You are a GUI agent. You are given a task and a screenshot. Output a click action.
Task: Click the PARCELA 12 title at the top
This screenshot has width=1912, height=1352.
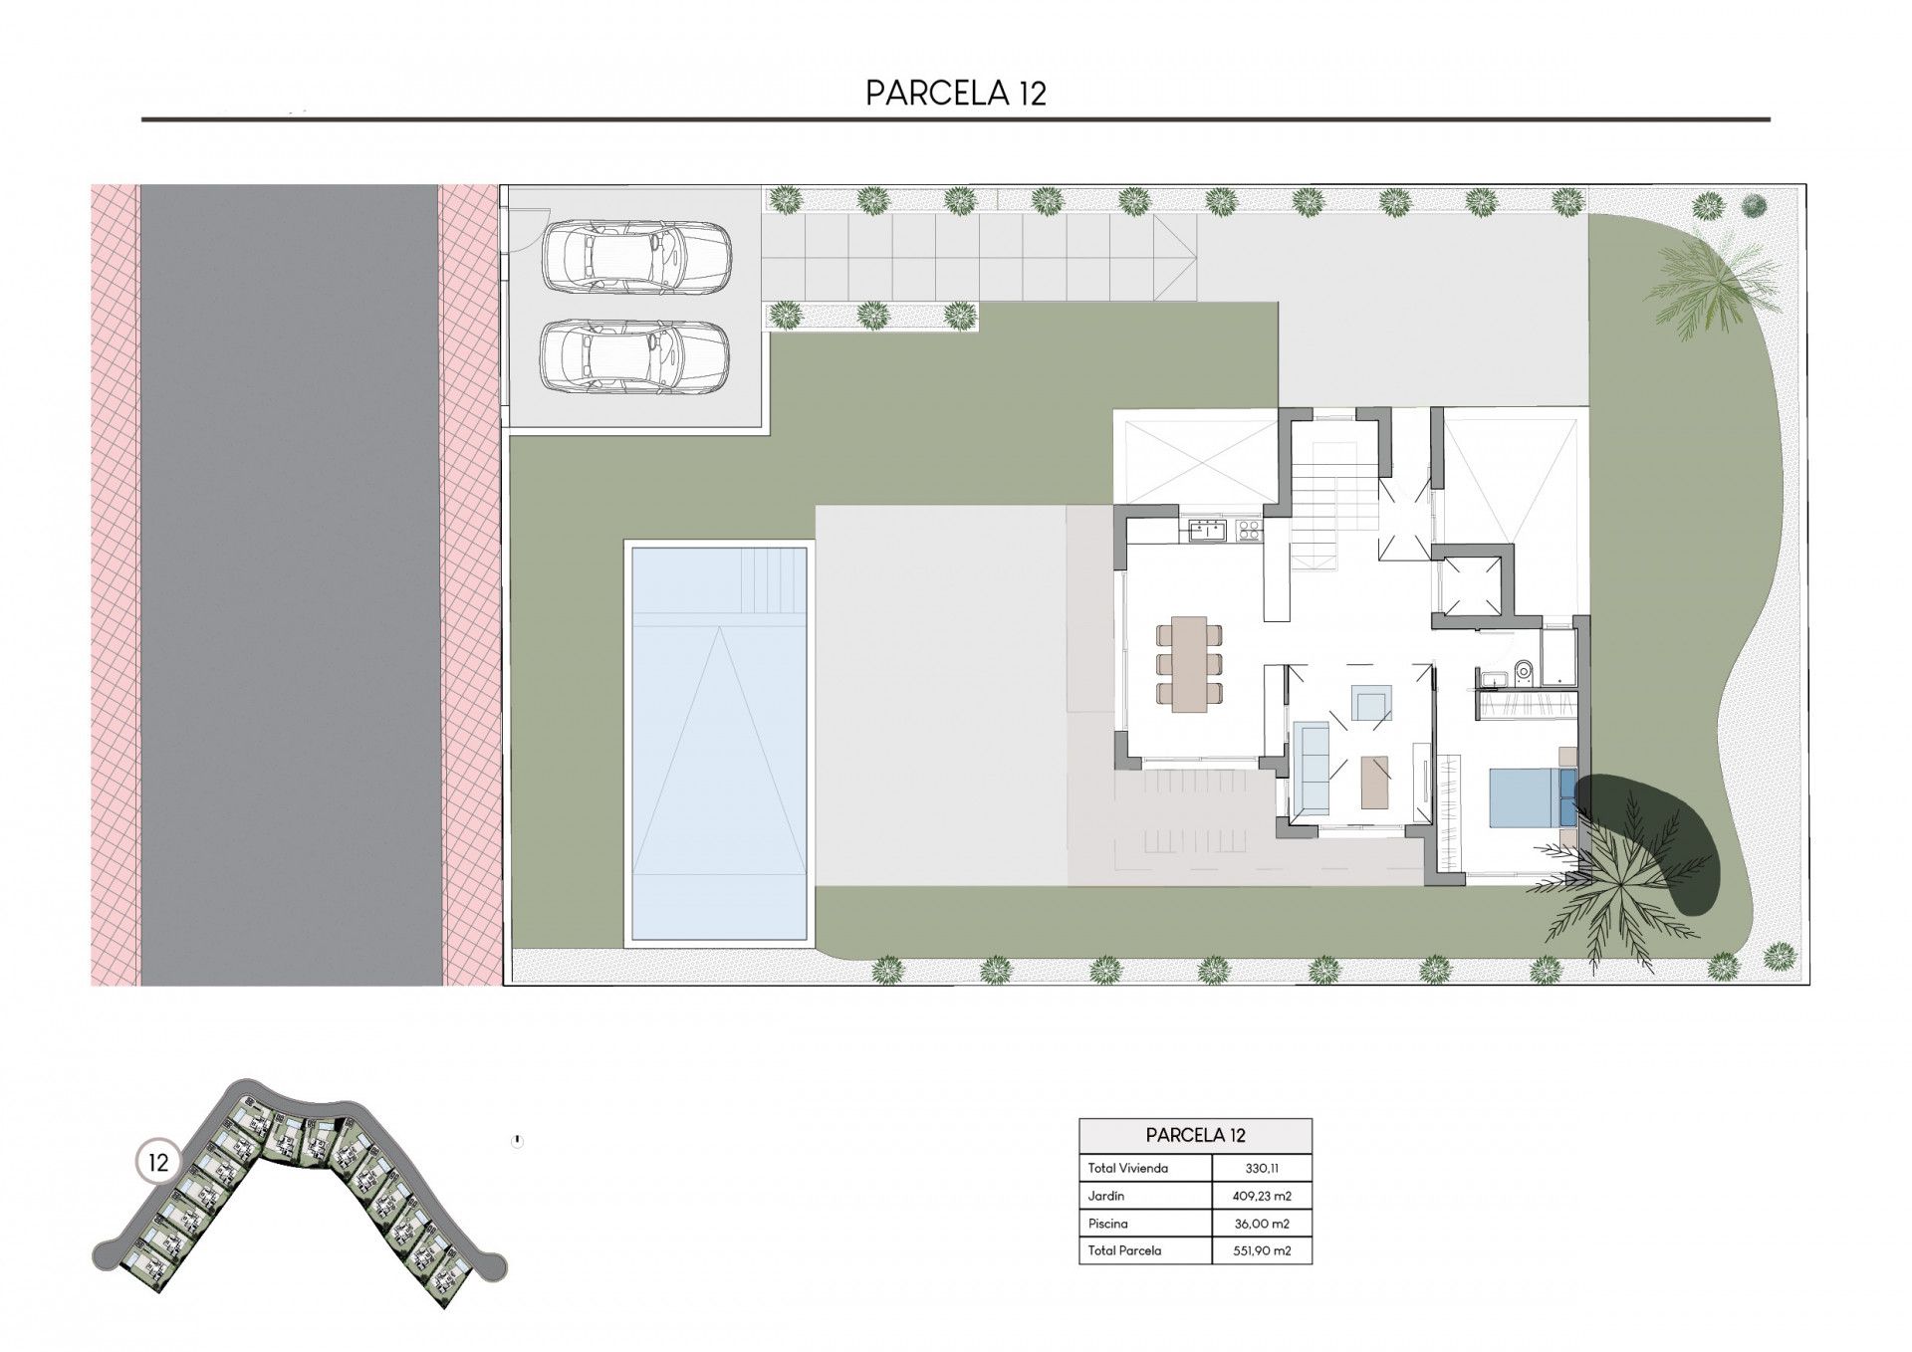pyautogui.click(x=956, y=93)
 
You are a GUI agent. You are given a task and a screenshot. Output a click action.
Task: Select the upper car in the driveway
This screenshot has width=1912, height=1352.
pyautogui.click(x=636, y=258)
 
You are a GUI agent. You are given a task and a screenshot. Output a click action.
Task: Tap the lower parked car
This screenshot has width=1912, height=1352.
pyautogui.click(x=636, y=354)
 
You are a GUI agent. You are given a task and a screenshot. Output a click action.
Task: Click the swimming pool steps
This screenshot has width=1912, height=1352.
pyautogui.click(x=774, y=581)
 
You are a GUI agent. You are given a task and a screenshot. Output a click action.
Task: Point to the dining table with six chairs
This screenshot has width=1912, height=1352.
pyautogui.click(x=1189, y=664)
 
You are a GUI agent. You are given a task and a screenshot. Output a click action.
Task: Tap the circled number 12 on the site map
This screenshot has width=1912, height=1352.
pyautogui.click(x=157, y=1161)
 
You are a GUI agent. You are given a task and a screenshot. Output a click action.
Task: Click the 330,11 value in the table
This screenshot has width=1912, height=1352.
pyautogui.click(x=1263, y=1168)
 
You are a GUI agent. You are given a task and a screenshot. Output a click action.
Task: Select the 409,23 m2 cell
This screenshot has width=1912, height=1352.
pyautogui.click(x=1262, y=1196)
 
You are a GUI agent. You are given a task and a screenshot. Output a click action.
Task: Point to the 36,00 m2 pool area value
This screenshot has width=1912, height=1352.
pyautogui.click(x=1262, y=1224)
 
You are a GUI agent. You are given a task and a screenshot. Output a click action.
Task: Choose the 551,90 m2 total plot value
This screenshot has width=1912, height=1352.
pyautogui.click(x=1262, y=1250)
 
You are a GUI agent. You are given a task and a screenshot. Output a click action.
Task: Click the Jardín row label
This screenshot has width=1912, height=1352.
pyautogui.click(x=1105, y=1196)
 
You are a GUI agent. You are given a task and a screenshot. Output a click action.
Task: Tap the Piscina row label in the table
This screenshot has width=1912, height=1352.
pyautogui.click(x=1108, y=1224)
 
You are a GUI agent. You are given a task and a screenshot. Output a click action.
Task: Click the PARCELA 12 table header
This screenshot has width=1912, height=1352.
pyautogui.click(x=1195, y=1135)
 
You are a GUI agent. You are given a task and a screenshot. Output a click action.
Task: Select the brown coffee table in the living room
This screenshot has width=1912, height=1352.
pyautogui.click(x=1374, y=782)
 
